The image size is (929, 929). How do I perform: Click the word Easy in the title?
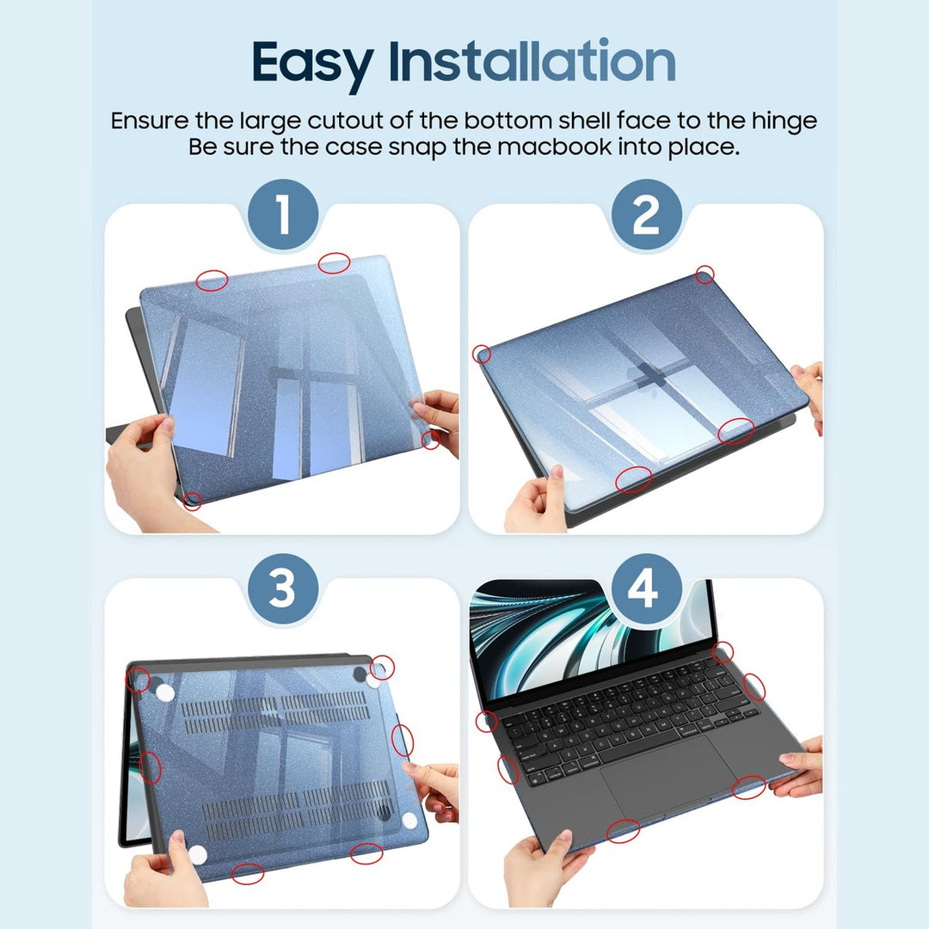pos(311,62)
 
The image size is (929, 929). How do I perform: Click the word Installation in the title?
pos(532,62)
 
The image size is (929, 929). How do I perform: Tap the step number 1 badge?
pos(282,215)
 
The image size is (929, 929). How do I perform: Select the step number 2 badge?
pos(645,215)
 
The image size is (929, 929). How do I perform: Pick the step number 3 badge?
pos(282,590)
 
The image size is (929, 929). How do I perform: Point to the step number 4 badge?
pos(645,590)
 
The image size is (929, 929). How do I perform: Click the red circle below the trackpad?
pos(623,830)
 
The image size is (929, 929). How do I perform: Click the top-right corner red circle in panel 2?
pos(704,275)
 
